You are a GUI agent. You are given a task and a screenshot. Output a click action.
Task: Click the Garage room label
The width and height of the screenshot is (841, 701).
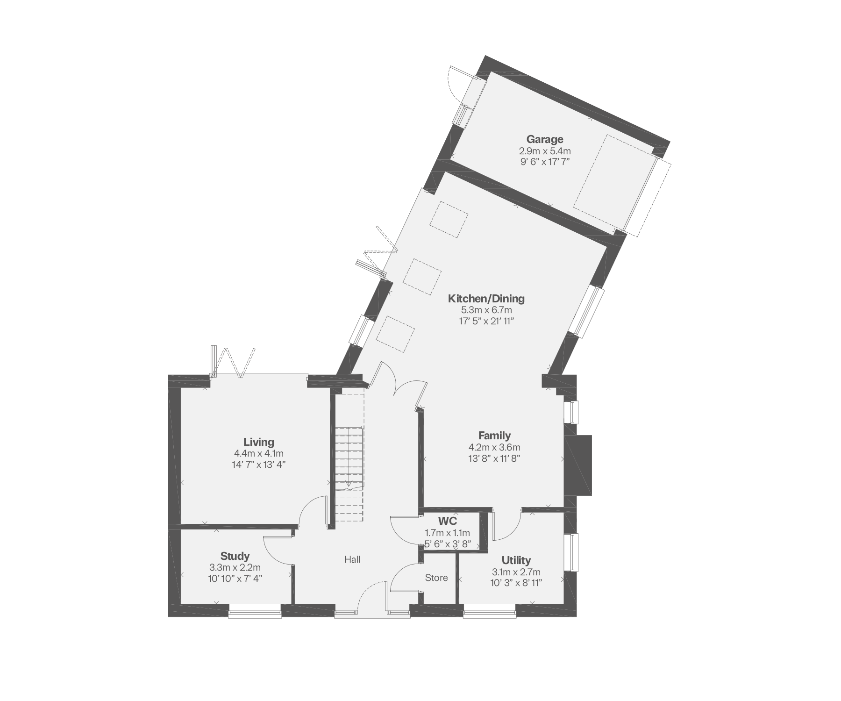[545, 139]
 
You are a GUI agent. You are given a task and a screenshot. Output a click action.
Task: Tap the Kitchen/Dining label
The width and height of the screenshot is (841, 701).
[486, 298]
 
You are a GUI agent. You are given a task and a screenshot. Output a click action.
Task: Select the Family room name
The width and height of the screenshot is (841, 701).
[494, 436]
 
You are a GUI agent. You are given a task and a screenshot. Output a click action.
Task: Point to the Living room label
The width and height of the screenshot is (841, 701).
[259, 442]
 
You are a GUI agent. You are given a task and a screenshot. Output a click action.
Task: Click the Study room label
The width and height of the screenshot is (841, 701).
[235, 556]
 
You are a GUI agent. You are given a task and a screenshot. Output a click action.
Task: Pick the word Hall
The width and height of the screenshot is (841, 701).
[352, 559]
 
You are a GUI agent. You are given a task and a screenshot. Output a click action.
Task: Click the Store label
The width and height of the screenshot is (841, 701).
[436, 578]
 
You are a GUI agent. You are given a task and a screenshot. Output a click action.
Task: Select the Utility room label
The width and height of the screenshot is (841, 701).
[516, 560]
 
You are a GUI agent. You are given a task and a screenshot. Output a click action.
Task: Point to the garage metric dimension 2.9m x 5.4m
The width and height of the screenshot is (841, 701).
[545, 151]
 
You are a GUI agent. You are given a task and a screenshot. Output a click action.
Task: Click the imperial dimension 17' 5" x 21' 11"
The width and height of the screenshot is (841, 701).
[486, 321]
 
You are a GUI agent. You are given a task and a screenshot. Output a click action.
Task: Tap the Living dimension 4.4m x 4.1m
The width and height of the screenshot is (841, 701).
[259, 453]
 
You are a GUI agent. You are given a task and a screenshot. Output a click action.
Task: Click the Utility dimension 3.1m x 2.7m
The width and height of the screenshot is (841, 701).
[516, 572]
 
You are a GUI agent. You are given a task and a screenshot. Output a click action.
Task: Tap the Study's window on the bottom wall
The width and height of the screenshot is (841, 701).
[255, 611]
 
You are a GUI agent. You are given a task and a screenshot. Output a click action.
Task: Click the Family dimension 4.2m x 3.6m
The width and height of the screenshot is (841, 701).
[494, 447]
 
